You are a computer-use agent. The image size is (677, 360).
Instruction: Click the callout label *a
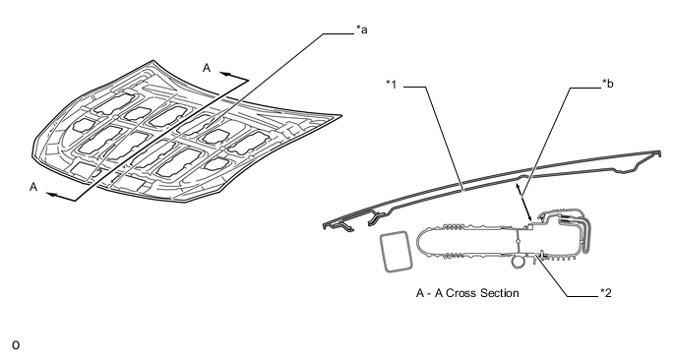pyautogui.click(x=362, y=30)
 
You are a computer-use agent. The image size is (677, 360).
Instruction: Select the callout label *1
pyautogui.click(x=392, y=85)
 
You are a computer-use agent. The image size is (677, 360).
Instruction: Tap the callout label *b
pyautogui.click(x=607, y=84)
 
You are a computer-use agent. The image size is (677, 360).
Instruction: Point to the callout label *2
pyautogui.click(x=606, y=293)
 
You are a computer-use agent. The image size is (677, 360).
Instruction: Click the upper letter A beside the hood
pyautogui.click(x=207, y=68)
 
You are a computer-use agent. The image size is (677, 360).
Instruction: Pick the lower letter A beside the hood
pyautogui.click(x=33, y=187)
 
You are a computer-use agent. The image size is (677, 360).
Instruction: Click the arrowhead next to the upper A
pyautogui.click(x=223, y=74)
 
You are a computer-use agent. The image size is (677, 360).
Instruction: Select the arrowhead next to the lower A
pyautogui.click(x=50, y=195)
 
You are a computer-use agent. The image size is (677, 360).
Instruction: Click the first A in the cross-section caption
pyautogui.click(x=420, y=293)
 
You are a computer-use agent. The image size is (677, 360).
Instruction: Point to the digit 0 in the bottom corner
pyautogui.click(x=16, y=345)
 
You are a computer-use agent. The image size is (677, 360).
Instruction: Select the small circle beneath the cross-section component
pyautogui.click(x=517, y=261)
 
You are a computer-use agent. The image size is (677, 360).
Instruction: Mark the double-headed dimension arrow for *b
pyautogui.click(x=523, y=202)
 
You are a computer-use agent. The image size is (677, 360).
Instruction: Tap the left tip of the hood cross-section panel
pyautogui.click(x=325, y=225)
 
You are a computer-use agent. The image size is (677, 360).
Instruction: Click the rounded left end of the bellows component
pyautogui.click(x=419, y=242)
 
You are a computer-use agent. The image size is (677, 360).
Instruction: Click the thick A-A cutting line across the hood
pyautogui.click(x=162, y=141)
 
